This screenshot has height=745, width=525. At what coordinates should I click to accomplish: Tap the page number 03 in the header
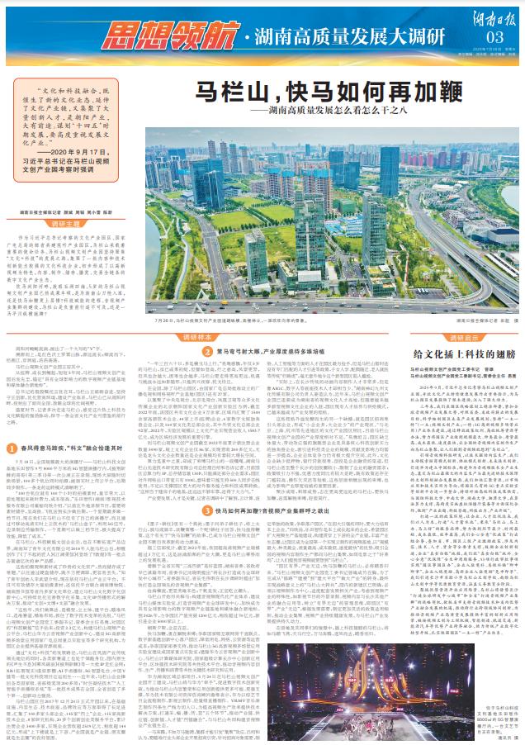[x=493, y=37]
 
